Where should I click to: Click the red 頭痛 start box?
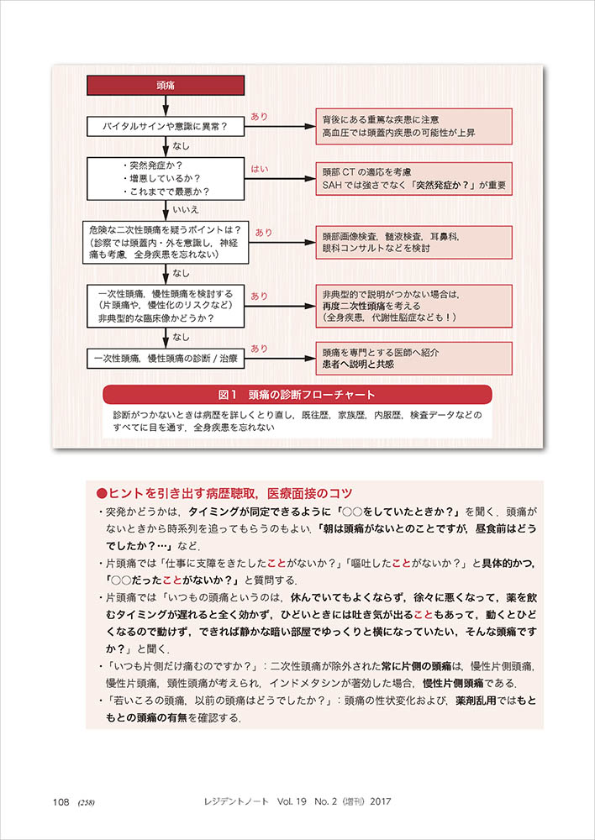166,85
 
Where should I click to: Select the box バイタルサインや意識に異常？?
166,127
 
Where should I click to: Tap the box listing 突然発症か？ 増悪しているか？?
166,177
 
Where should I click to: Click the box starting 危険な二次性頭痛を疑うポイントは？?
166,242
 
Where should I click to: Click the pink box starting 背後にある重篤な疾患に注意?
413,127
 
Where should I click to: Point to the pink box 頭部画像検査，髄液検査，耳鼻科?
413,242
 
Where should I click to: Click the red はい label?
260,169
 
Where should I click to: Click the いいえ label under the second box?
185,209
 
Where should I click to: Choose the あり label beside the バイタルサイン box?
260,117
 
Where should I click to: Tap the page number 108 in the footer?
60,801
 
